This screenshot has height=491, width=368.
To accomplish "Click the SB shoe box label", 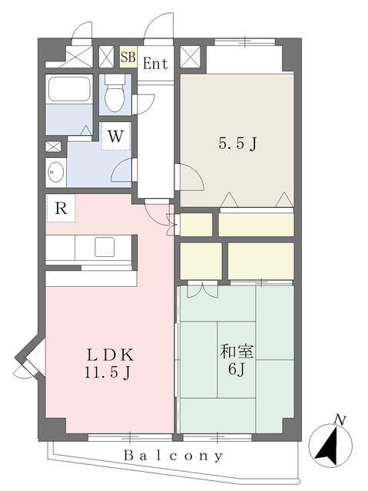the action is [x=128, y=58].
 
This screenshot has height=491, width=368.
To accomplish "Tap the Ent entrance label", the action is [x=155, y=64].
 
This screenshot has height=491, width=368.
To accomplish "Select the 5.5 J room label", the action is [x=237, y=144].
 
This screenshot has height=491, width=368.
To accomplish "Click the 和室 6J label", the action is [x=237, y=360].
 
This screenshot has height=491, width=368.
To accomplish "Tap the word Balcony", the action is [x=174, y=455].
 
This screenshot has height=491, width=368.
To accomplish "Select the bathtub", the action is [x=69, y=87].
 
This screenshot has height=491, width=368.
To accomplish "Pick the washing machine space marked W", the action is [x=115, y=137].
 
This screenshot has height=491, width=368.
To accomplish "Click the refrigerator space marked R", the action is [x=61, y=208].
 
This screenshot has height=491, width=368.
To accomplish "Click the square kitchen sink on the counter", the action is [x=104, y=247].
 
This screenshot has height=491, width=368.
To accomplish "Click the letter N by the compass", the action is [x=340, y=420].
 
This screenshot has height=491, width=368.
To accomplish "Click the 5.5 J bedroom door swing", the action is [x=190, y=177].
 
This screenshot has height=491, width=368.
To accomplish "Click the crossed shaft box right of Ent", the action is [x=191, y=57].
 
